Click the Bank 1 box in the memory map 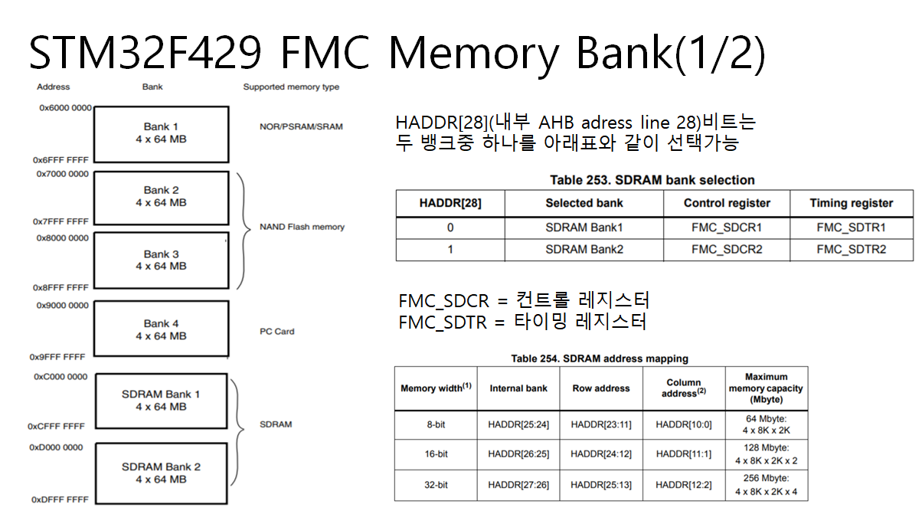click(x=161, y=133)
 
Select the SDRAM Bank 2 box click(x=161, y=473)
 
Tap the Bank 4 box click(x=161, y=330)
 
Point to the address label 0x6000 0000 click(x=64, y=108)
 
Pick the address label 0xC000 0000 click(x=60, y=377)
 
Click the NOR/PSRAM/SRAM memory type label click(x=301, y=126)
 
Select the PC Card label click(x=277, y=332)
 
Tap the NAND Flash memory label click(x=302, y=227)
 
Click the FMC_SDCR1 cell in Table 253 click(x=727, y=228)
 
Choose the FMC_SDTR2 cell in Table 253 click(x=851, y=250)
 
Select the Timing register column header click(x=851, y=203)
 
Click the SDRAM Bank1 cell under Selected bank click(x=584, y=228)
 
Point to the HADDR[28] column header click(x=450, y=203)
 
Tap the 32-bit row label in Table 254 click(x=436, y=484)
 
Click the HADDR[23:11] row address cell click(x=601, y=424)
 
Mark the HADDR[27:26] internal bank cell click(x=518, y=484)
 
